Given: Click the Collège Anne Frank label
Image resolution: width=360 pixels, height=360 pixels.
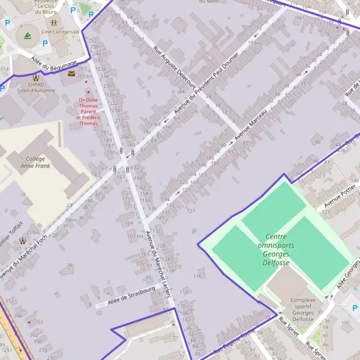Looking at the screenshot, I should (35, 162).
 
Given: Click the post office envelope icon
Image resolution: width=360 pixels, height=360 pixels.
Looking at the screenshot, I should (72, 74).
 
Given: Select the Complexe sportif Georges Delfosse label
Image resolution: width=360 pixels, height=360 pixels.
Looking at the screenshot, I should (302, 309).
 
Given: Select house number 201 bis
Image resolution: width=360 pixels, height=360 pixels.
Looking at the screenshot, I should (85, 76).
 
